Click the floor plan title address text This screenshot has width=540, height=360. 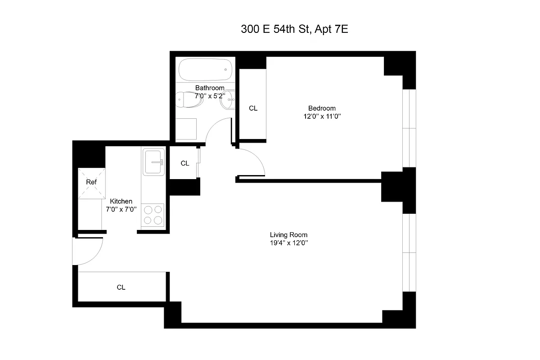click(295, 30)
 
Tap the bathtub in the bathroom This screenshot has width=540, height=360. click(205, 70)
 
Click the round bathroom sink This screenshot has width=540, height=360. click(227, 101)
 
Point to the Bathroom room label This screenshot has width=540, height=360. click(209, 88)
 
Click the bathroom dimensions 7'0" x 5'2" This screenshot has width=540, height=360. click(209, 96)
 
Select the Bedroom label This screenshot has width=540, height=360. click(321, 108)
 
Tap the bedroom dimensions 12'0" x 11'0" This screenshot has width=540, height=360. click(321, 116)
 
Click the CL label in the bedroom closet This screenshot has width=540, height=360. click(253, 108)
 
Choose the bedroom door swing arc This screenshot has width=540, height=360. click(254, 160)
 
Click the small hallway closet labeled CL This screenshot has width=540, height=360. click(184, 163)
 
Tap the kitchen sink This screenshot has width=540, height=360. click(154, 162)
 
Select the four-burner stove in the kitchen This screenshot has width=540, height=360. click(153, 215)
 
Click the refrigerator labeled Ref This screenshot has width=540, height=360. click(91, 182)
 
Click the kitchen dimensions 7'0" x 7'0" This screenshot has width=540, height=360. click(121, 209)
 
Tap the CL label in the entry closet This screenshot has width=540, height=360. click(121, 287)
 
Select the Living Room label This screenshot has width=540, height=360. click(288, 234)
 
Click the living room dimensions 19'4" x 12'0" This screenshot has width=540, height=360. click(288, 243)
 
